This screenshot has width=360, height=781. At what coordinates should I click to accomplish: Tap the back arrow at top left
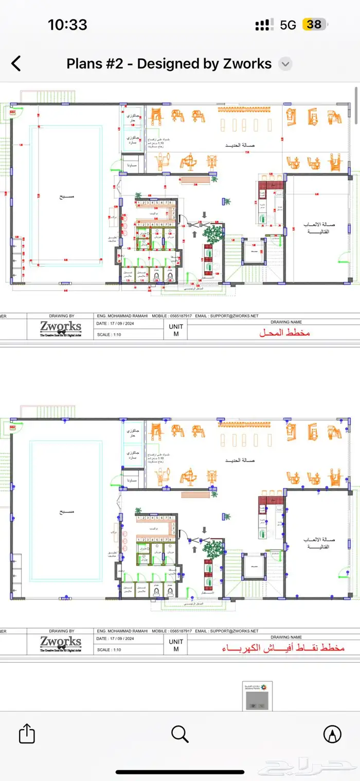click(x=16, y=64)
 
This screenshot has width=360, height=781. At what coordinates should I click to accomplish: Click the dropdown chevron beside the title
click(x=285, y=64)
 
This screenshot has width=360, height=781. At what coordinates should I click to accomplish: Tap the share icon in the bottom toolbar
click(x=27, y=734)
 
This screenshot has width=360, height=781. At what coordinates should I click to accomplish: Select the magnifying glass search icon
click(x=179, y=734)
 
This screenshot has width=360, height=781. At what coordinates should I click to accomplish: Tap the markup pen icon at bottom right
click(x=332, y=734)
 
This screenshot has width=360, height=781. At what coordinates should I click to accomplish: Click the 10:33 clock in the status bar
click(x=67, y=24)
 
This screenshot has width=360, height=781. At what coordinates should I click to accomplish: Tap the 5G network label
click(x=288, y=25)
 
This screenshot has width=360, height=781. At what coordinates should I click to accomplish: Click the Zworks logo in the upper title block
click(x=61, y=328)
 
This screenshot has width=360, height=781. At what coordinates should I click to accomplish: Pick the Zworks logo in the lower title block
click(x=61, y=643)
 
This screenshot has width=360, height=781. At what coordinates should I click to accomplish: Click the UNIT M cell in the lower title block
click(x=175, y=645)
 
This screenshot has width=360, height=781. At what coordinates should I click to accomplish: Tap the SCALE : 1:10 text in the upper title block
click(x=109, y=334)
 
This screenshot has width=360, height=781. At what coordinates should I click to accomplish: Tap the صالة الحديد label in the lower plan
click(x=241, y=460)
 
